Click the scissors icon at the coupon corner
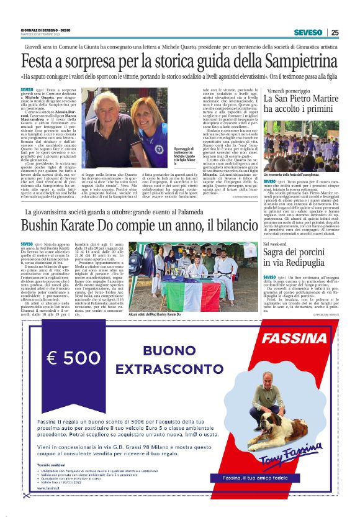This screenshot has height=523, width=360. [x=26, y=495]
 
